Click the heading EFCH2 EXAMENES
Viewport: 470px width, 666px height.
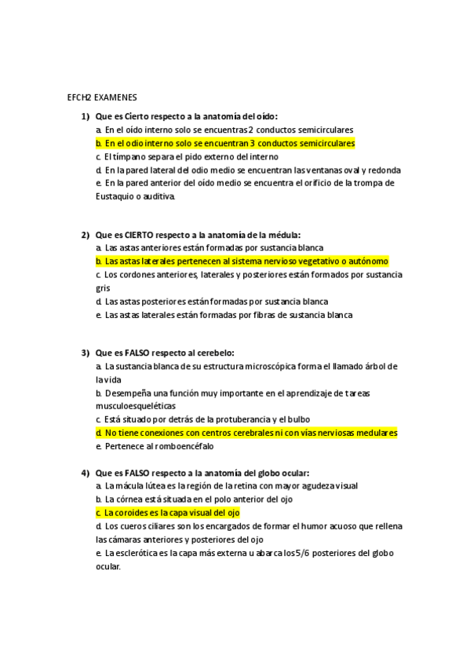[x=102, y=97]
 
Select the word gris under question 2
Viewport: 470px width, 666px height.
[x=103, y=287]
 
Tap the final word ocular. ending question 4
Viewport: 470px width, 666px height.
[x=108, y=565]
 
